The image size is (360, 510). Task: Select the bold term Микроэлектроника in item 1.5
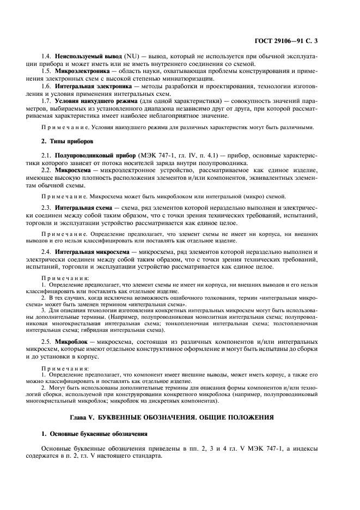83,71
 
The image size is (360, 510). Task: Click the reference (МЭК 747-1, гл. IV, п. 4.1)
175,156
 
